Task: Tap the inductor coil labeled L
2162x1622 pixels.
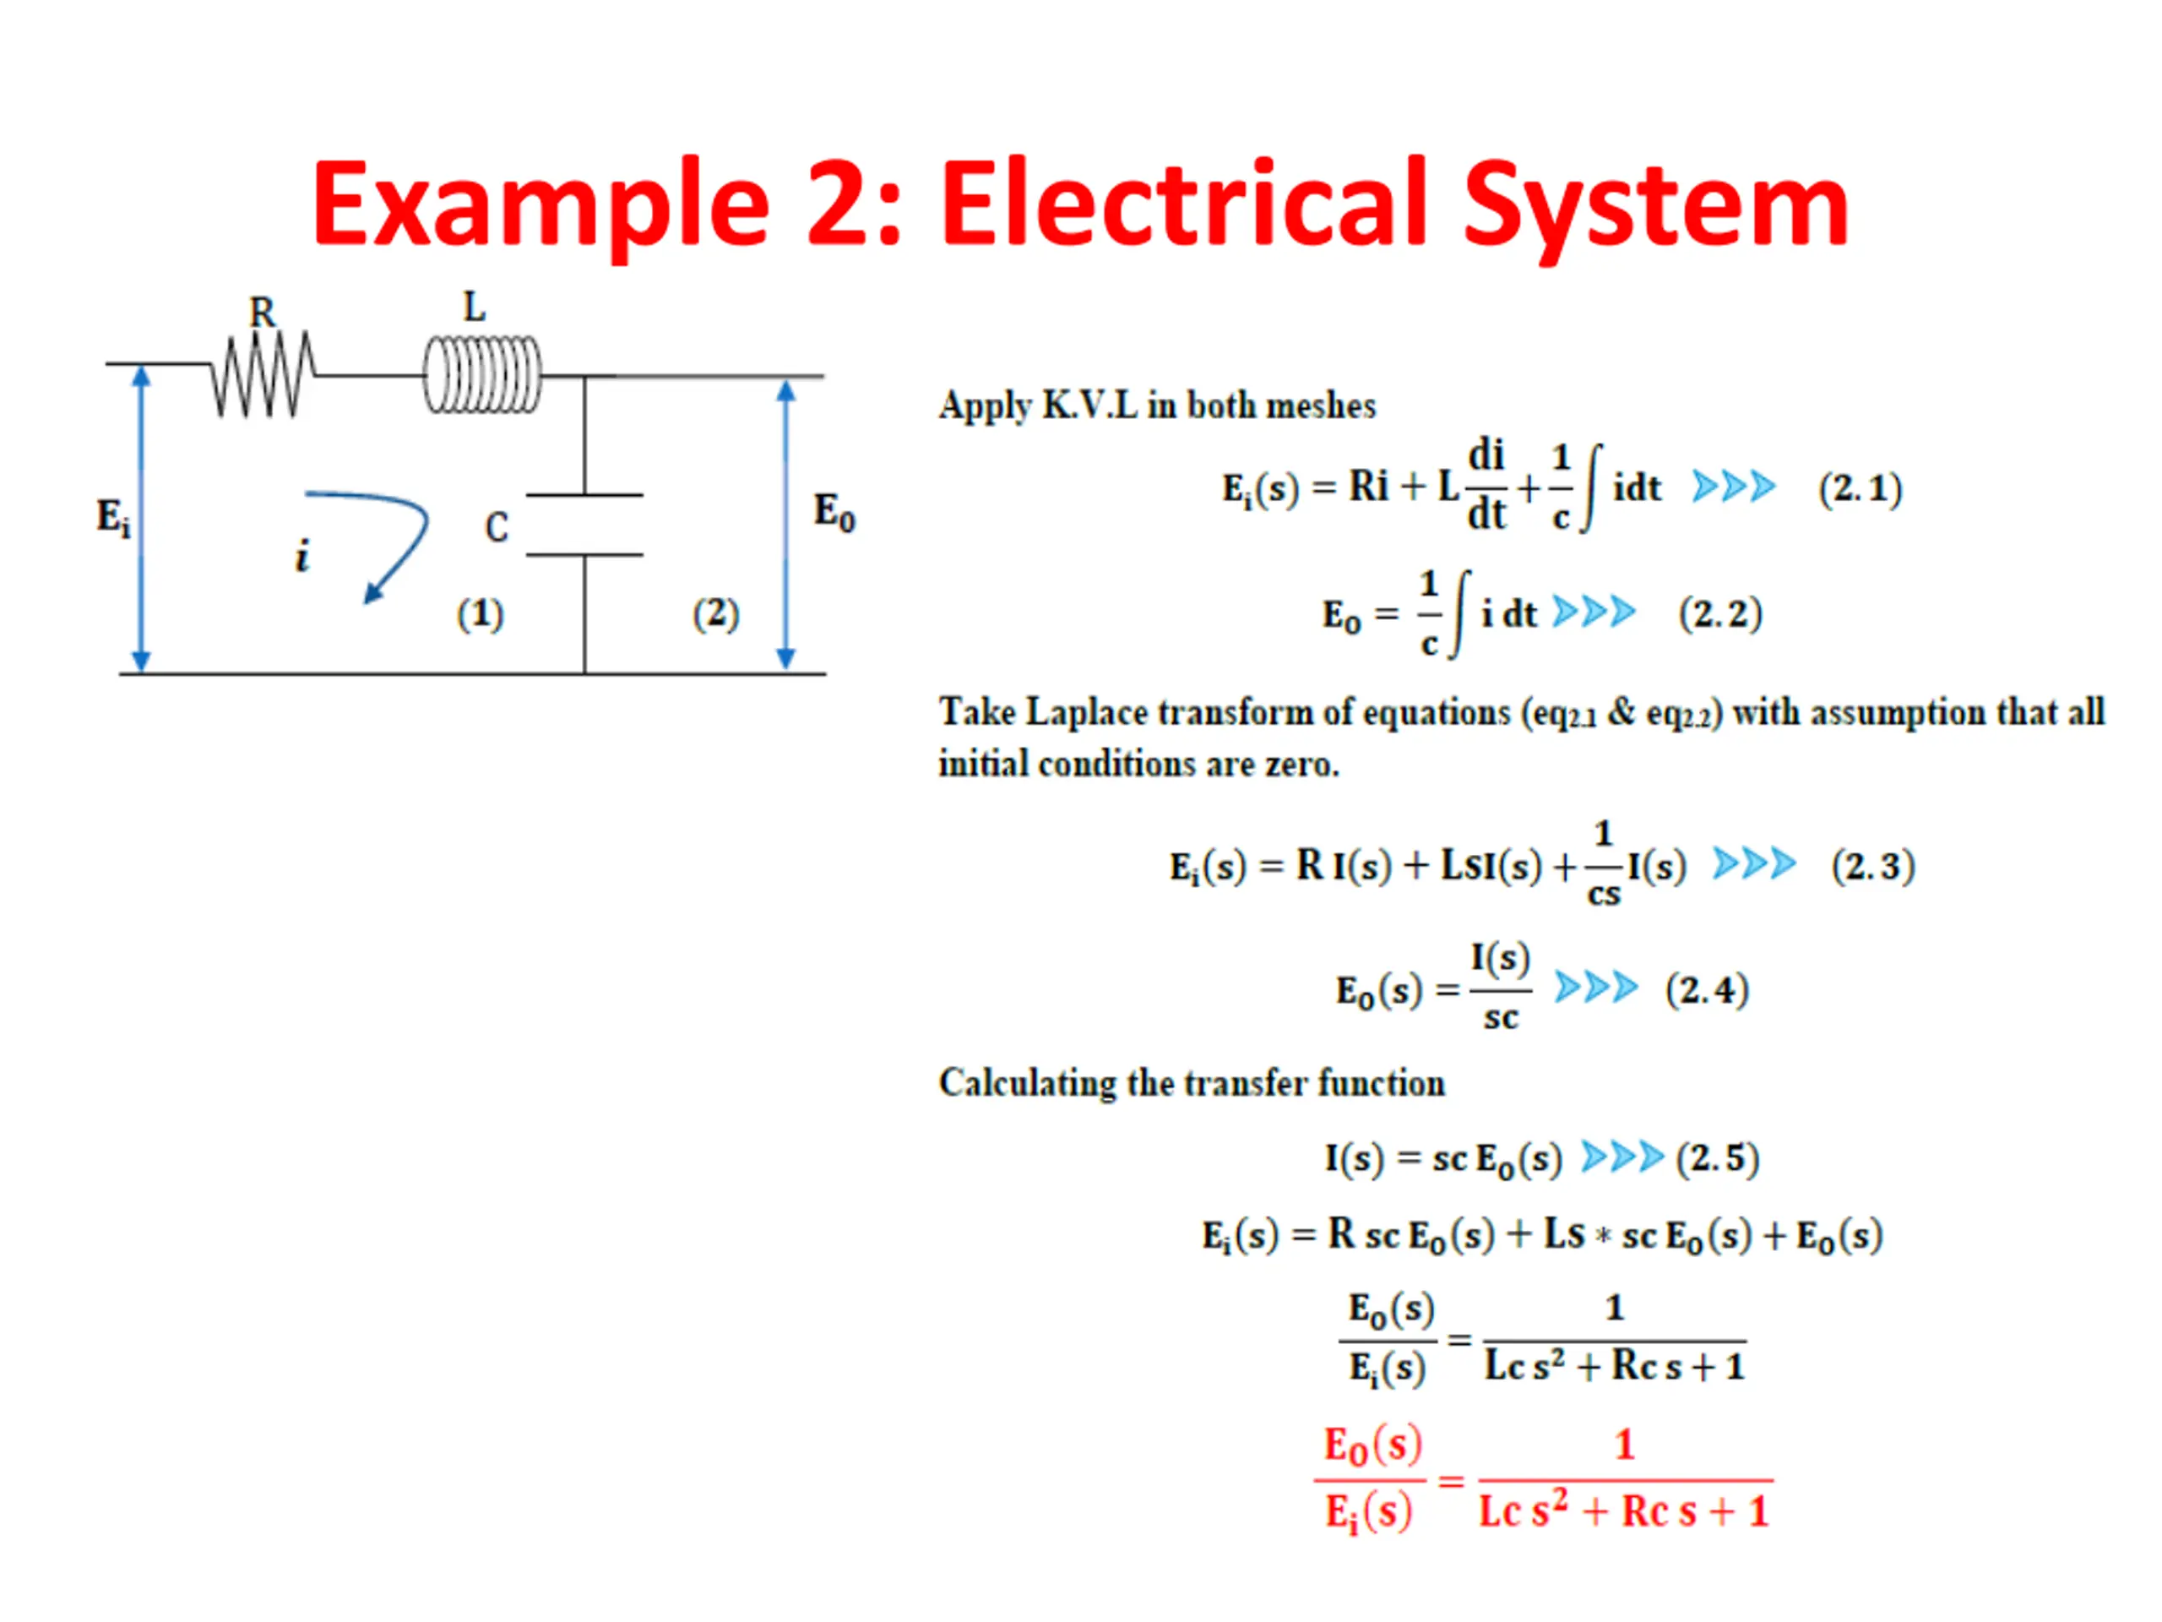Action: click(x=482, y=374)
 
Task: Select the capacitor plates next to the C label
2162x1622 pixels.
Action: click(x=584, y=525)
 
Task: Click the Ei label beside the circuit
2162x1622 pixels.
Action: click(x=112, y=516)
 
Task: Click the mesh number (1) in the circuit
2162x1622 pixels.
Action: click(x=480, y=614)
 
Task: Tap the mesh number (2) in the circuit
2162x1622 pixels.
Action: click(x=715, y=614)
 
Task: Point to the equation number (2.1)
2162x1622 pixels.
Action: click(x=1859, y=488)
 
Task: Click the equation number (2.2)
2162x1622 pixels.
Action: click(x=1719, y=614)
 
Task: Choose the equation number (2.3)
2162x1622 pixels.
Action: click(x=1871, y=866)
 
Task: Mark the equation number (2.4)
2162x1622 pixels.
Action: click(x=1706, y=989)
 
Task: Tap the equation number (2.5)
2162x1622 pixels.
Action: click(x=1716, y=1157)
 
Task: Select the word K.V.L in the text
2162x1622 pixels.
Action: click(x=1089, y=405)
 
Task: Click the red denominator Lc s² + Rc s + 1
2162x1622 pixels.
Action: click(x=1623, y=1511)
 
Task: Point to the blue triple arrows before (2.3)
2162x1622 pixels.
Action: click(x=1753, y=864)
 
